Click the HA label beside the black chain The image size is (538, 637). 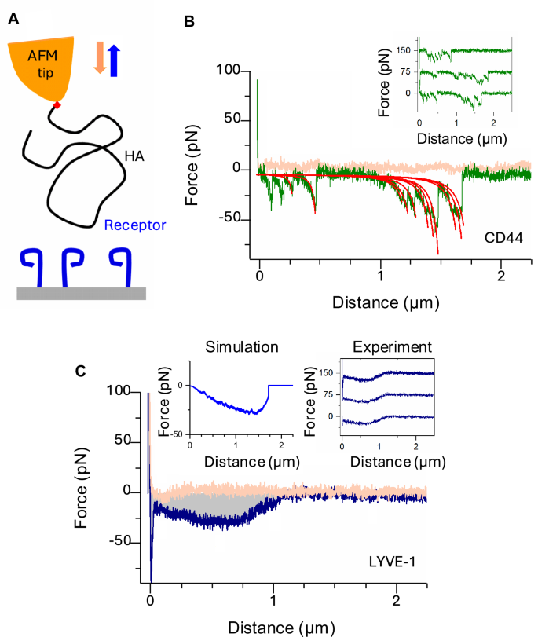134,157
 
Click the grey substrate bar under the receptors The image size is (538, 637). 81,293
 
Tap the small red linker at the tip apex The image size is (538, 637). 56,105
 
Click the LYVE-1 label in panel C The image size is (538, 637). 396,563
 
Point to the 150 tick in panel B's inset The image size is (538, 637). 404,50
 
